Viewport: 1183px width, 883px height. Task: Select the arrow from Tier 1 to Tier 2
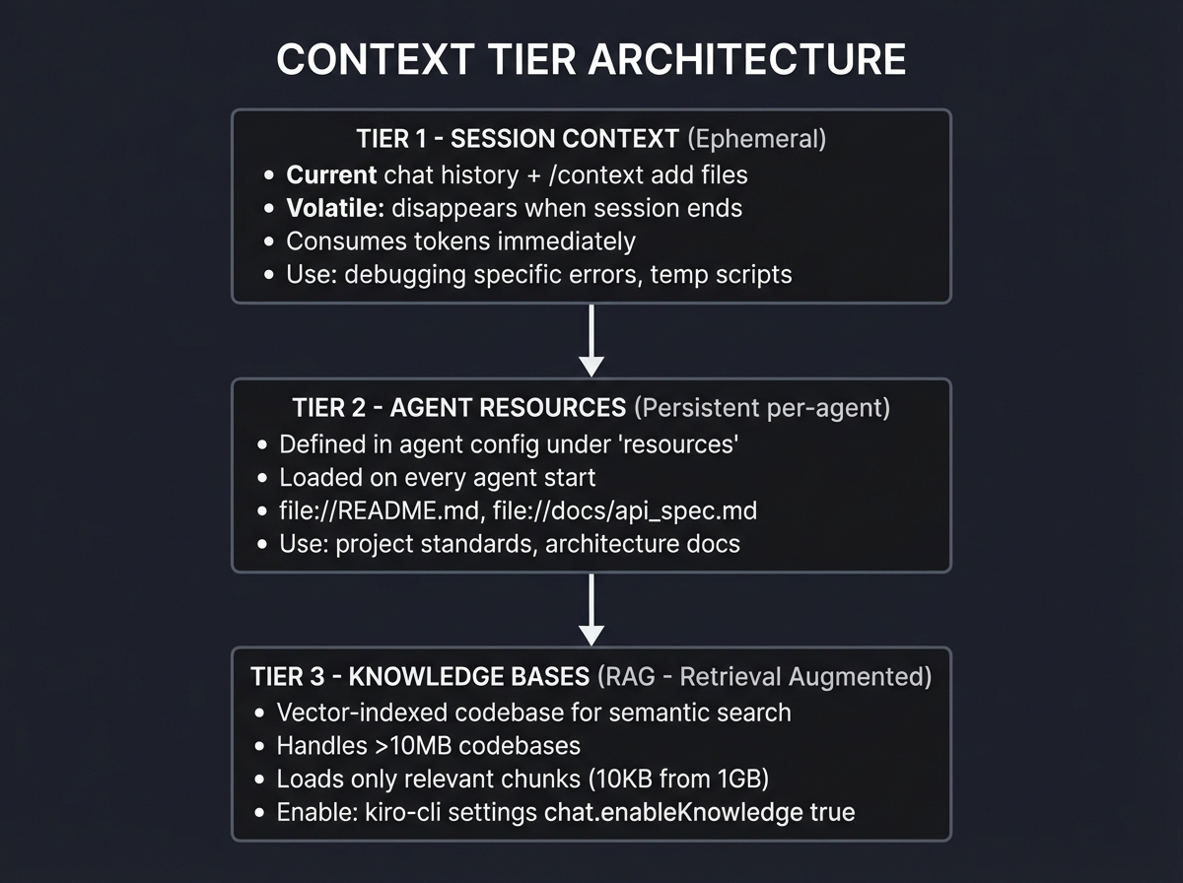pos(591,339)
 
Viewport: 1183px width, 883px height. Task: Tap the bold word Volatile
pos(333,208)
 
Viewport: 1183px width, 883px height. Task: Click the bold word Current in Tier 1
pos(331,175)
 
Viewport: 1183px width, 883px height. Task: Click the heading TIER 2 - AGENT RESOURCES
pos(458,408)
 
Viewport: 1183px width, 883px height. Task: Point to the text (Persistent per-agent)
pos(762,408)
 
